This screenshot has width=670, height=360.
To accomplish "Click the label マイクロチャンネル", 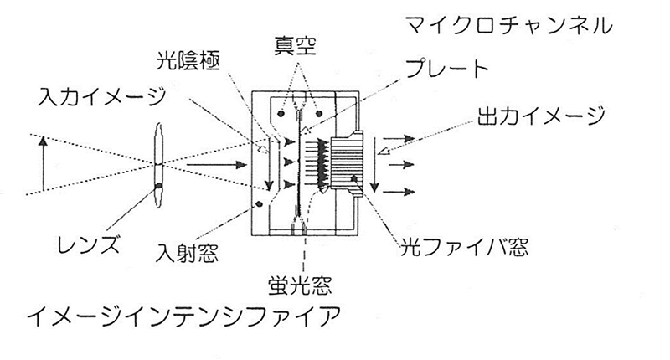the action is (508, 26).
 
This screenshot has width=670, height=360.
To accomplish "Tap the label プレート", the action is (446, 69).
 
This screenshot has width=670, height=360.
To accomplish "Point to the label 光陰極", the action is (188, 61).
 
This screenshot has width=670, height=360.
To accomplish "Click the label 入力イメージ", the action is (101, 96).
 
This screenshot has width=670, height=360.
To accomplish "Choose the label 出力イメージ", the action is (541, 116).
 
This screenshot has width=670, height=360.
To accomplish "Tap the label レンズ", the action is (89, 244).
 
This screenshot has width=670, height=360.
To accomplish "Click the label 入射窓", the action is (187, 253).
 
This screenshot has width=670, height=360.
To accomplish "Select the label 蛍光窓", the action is (300, 285).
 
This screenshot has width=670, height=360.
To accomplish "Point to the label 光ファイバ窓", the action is (464, 246).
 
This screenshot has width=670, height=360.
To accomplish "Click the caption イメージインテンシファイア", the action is (184, 316).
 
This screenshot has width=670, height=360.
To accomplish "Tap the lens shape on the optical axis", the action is (158, 166).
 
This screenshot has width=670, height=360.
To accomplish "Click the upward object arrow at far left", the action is (43, 163).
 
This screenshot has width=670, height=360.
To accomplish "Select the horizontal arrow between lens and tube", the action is (217, 164).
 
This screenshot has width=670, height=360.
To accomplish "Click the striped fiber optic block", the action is (347, 165).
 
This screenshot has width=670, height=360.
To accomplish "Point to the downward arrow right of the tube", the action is (374, 165).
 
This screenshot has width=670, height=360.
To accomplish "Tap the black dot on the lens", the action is (159, 185).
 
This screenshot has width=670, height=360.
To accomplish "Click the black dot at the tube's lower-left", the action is (259, 204).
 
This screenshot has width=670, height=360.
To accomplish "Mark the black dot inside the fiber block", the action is (354, 178).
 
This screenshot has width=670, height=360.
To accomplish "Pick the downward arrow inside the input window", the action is (269, 163).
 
